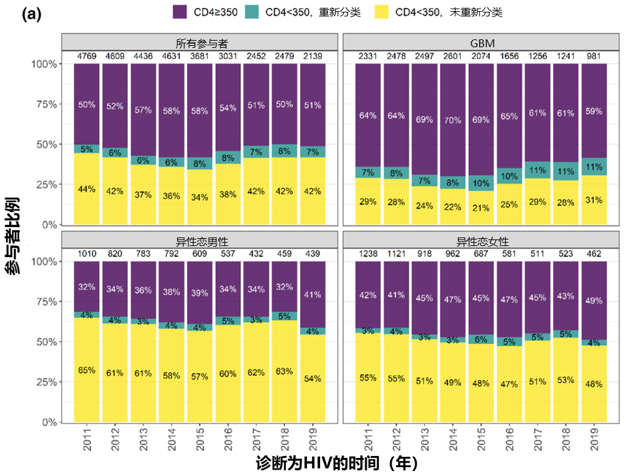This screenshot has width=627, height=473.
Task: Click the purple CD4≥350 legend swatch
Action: tap(180, 12)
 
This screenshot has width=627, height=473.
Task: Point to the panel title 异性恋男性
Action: tap(199, 241)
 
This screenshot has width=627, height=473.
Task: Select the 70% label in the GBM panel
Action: tap(452, 121)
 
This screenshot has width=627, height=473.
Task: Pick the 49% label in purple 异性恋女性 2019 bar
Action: tap(593, 300)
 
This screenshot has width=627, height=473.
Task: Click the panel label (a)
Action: tap(31, 15)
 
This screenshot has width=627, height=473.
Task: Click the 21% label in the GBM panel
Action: tap(480, 208)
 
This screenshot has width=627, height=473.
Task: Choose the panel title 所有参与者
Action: tap(199, 43)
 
